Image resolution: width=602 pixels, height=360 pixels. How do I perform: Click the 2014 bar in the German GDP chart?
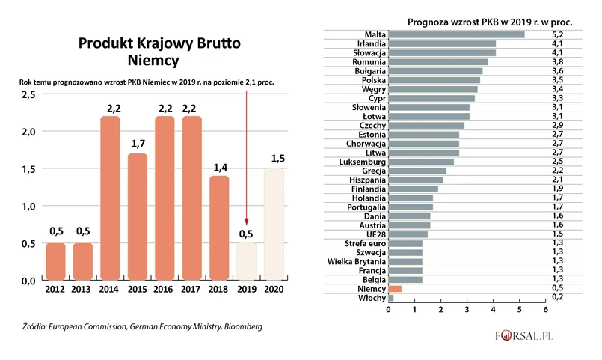click(x=110, y=198)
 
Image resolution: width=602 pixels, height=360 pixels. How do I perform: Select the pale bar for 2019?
click(x=246, y=261)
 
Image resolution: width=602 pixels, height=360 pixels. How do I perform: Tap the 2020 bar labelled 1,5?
click(x=274, y=224)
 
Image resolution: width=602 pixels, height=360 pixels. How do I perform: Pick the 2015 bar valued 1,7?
click(x=138, y=217)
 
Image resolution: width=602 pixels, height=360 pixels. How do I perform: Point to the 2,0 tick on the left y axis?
click(x=28, y=132)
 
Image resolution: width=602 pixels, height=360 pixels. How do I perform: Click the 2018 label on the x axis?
click(x=219, y=289)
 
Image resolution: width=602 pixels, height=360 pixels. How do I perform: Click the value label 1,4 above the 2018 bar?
click(x=219, y=168)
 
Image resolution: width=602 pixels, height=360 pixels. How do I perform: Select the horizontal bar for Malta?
click(x=456, y=34)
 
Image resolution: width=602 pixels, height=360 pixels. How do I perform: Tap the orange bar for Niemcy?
click(x=395, y=289)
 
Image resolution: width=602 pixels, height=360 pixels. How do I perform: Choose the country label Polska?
click(x=373, y=80)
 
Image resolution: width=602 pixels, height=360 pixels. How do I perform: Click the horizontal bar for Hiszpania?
click(x=416, y=180)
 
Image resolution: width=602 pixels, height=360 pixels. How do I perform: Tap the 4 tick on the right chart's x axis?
click(x=493, y=308)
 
